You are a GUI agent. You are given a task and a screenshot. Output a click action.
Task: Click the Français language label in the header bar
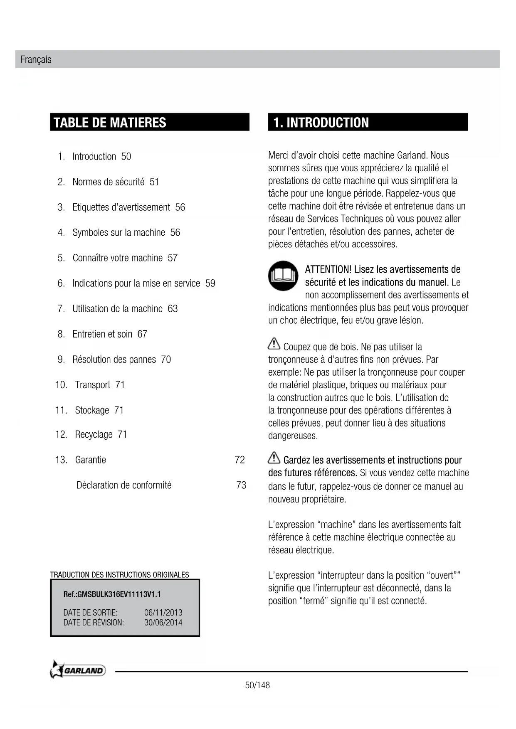pyautogui.click(x=36, y=59)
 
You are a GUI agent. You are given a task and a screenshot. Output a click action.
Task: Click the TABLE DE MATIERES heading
pyautogui.click(x=110, y=123)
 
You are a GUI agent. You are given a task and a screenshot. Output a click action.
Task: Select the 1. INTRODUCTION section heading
pyautogui.click(x=321, y=123)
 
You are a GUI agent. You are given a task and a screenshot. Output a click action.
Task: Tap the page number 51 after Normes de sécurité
pyautogui.click(x=154, y=182)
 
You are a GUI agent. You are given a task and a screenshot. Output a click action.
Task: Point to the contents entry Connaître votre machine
pyautogui.click(x=118, y=258)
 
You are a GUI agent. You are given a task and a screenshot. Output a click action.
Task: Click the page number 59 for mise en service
pyautogui.click(x=210, y=283)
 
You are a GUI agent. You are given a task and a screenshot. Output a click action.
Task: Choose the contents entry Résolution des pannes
pyautogui.click(x=114, y=360)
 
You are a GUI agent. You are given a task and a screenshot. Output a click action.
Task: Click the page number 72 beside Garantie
pyautogui.click(x=240, y=460)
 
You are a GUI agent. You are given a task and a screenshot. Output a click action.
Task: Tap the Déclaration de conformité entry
pyautogui.click(x=124, y=485)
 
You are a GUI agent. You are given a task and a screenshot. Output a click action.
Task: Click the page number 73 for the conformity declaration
pyautogui.click(x=241, y=485)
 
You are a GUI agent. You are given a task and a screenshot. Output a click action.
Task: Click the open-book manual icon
pyautogui.click(x=283, y=276)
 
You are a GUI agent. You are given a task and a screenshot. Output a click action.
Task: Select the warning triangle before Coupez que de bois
pyautogui.click(x=274, y=344)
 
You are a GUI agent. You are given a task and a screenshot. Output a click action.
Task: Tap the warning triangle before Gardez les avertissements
pyautogui.click(x=274, y=458)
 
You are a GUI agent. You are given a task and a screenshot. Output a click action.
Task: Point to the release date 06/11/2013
pyautogui.click(x=163, y=613)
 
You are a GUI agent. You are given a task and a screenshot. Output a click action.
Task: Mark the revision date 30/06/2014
pyautogui.click(x=163, y=623)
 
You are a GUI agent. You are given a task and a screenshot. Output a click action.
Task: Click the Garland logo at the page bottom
pyautogui.click(x=78, y=670)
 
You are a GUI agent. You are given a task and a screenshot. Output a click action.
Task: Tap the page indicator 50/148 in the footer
pyautogui.click(x=257, y=685)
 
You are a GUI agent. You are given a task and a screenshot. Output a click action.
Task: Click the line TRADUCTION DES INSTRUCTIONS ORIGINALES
pyautogui.click(x=120, y=575)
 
